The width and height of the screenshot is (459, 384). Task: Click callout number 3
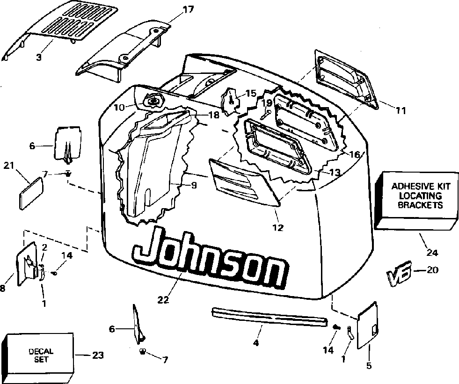point(39,58)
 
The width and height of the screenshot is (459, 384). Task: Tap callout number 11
point(400,111)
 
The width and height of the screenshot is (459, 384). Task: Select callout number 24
point(432,253)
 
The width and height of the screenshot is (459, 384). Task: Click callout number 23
point(97,355)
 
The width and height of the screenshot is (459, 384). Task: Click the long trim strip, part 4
point(269,317)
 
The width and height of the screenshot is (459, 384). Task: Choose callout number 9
point(193,185)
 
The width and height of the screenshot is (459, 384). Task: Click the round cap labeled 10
point(153,101)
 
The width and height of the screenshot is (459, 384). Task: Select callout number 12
point(277,228)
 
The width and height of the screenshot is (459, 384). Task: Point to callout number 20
point(434,270)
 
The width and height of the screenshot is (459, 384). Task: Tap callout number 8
point(3,289)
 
